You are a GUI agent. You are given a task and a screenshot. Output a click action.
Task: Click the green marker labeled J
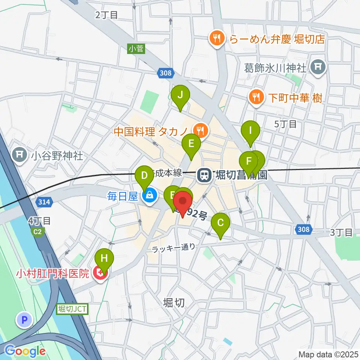click(x=180, y=95)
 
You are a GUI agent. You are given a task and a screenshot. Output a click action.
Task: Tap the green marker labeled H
click(x=104, y=259)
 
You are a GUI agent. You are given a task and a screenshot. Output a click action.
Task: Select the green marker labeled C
click(x=220, y=223)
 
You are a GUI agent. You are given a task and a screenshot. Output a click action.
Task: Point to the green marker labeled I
click(x=251, y=131)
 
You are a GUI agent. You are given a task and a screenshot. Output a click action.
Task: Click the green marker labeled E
click(x=191, y=144)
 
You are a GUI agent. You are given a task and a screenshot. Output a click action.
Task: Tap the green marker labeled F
click(x=248, y=162)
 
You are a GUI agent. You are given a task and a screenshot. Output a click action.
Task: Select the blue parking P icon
click(x=25, y=320)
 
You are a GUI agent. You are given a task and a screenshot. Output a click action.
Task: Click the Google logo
click(x=25, y=351)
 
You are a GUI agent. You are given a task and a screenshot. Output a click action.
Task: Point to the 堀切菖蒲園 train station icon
click(x=204, y=174)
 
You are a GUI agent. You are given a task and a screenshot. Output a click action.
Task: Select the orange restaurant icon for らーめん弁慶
click(x=217, y=38)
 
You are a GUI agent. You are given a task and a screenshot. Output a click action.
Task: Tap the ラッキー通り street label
click(x=174, y=247)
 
